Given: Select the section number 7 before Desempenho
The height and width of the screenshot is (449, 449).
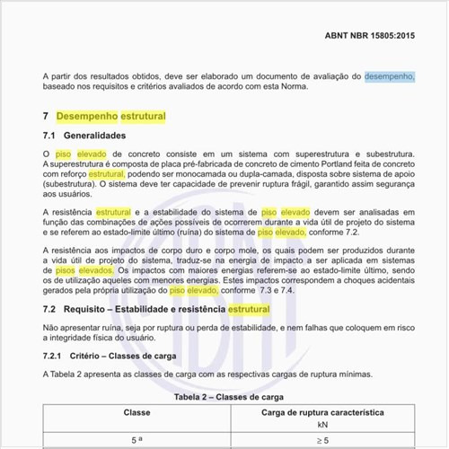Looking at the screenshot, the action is point(46,117).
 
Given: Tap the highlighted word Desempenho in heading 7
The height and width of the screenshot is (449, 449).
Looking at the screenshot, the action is point(86,117).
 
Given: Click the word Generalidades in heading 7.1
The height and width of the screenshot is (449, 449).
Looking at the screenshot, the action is point(94,136).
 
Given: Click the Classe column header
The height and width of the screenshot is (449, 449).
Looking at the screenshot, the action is point(136,412).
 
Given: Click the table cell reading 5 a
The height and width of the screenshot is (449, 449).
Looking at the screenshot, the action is point(136,440).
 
